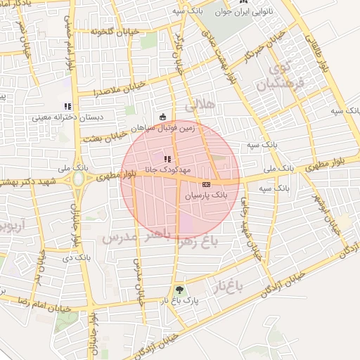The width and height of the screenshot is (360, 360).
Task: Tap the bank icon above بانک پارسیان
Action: tap(205, 184)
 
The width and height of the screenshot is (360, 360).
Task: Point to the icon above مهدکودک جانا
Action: tap(167, 159)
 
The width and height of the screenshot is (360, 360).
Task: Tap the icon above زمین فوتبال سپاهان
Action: tap(163, 117)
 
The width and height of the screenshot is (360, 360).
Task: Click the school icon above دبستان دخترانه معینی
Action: tap(67, 106)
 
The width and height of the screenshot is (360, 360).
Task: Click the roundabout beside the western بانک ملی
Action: tap(77, 179)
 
